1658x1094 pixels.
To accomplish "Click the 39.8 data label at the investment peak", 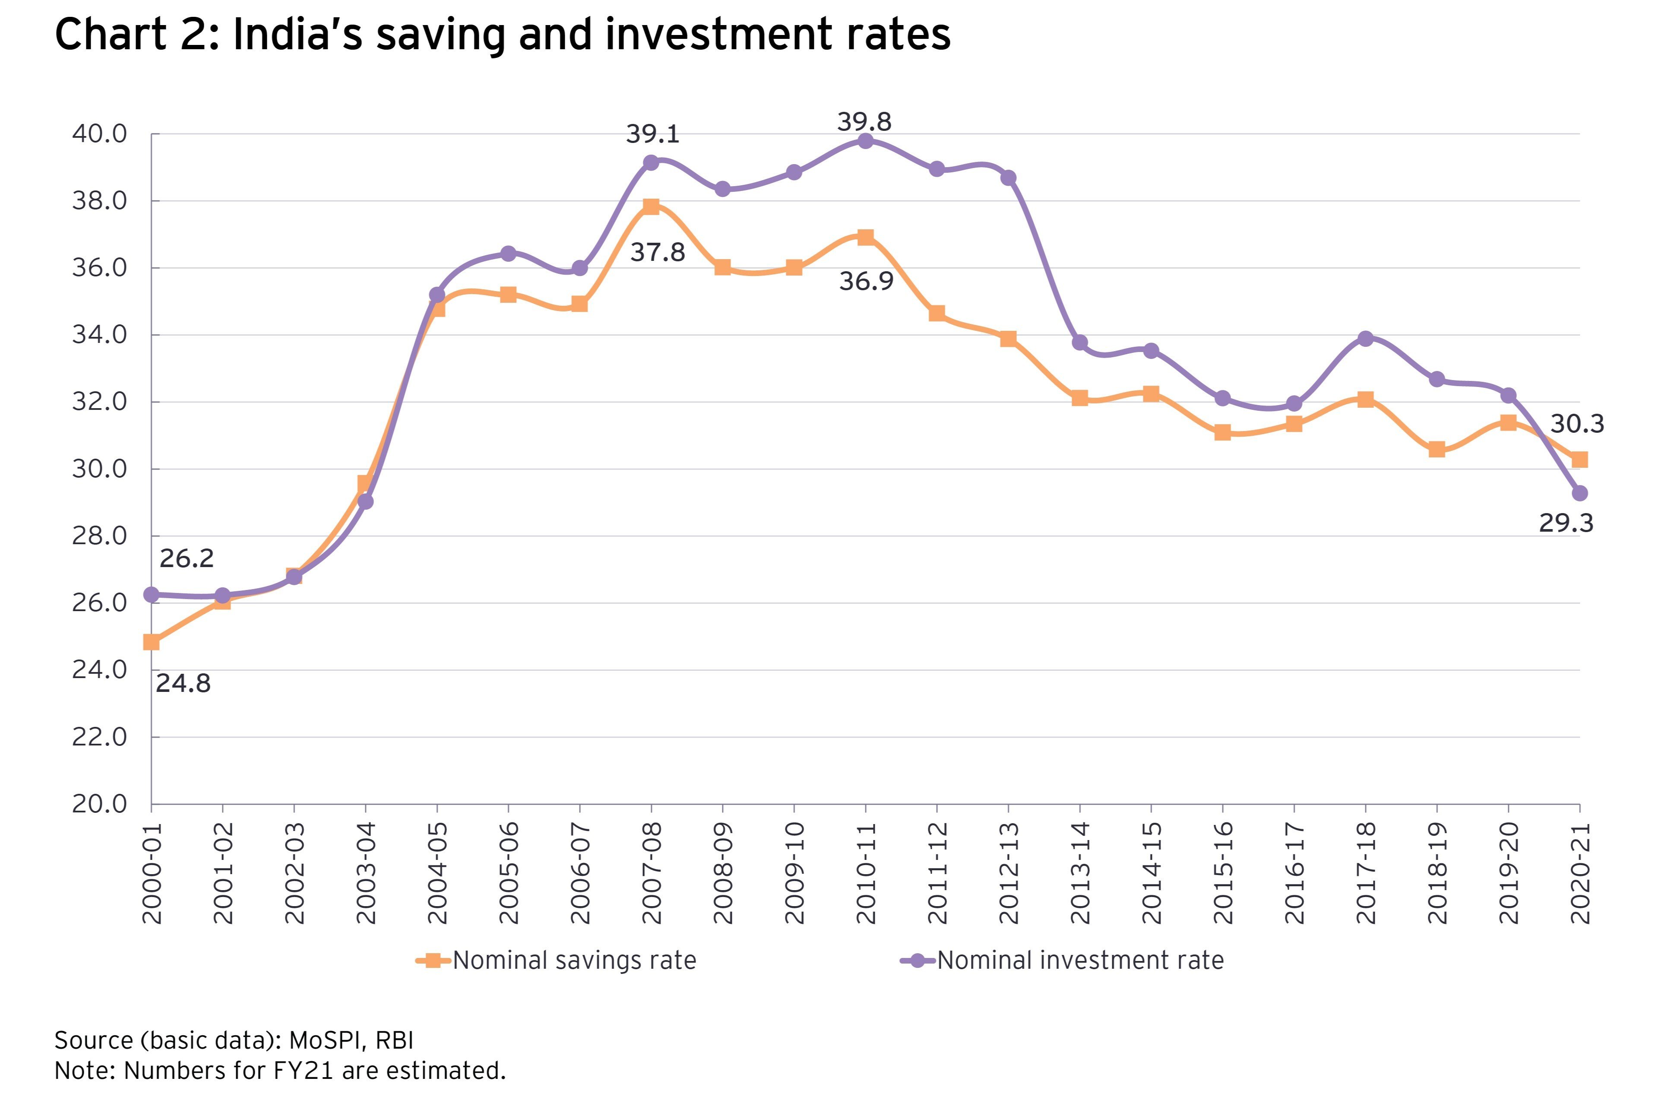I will (864, 122).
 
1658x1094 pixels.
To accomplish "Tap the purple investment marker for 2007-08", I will (651, 162).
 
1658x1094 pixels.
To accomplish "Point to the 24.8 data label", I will (183, 684).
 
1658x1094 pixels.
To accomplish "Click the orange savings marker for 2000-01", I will (152, 642).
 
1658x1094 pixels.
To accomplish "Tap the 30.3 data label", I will (1577, 424).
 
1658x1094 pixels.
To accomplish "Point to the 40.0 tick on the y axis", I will (100, 133).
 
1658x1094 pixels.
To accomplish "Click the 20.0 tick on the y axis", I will (100, 804).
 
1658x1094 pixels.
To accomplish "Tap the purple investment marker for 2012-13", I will (1008, 178).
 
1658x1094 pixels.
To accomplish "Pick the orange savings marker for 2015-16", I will (1222, 433).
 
